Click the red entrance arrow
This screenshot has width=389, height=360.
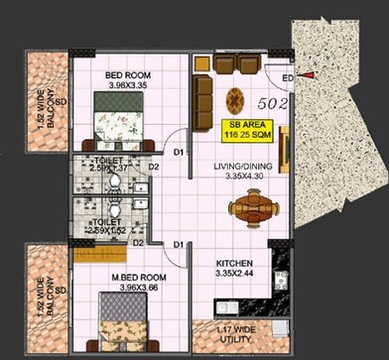pos(312,75)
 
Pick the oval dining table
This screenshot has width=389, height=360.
pos(252,208)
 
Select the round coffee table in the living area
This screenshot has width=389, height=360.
pos(235,100)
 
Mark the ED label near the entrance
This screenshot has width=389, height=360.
pos(286,78)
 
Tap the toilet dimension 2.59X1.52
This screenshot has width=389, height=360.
pos(110,230)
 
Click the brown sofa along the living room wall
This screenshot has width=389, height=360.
pos(201,96)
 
